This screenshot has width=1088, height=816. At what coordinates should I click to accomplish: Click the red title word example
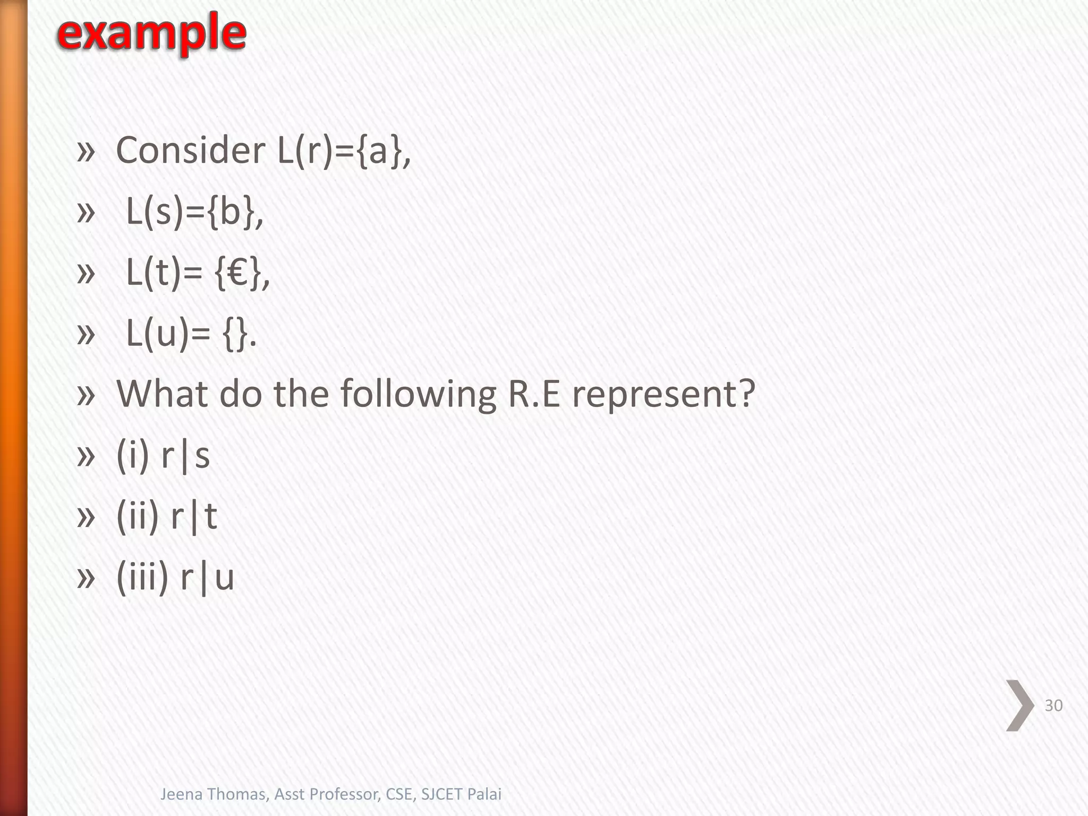point(151,33)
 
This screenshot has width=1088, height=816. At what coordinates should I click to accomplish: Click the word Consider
point(191,150)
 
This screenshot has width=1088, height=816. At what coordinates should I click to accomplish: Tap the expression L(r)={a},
point(344,151)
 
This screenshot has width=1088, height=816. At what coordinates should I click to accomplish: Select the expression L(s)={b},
point(194,212)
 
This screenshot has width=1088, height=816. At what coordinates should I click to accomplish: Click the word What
point(162,394)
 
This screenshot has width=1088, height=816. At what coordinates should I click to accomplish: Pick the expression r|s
point(185,456)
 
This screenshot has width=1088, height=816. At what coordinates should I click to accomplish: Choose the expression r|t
point(194,516)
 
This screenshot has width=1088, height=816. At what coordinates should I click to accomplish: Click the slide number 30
point(1053,705)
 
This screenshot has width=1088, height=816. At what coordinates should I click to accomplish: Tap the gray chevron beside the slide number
point(1019,705)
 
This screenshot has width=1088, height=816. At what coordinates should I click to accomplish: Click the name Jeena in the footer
point(181,794)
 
